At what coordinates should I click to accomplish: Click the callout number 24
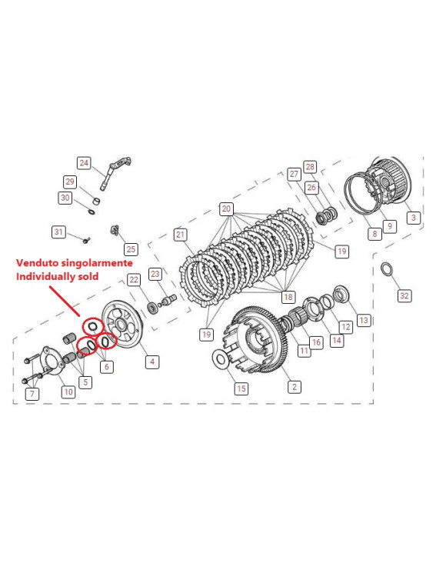click(x=83, y=163)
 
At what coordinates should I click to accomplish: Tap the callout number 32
click(x=404, y=295)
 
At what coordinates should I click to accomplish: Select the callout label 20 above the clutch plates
click(x=226, y=208)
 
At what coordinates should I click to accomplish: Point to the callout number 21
click(x=181, y=234)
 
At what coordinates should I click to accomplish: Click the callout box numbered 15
click(x=241, y=388)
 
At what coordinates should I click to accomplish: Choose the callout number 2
click(x=292, y=388)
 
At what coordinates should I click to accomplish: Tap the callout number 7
click(x=32, y=394)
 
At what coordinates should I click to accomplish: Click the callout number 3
click(x=413, y=218)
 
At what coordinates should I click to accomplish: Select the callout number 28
click(x=310, y=166)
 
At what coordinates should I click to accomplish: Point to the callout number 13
click(x=364, y=319)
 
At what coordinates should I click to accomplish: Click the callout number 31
click(x=58, y=232)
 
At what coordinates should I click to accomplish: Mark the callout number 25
click(x=131, y=248)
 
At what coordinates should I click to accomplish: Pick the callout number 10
click(x=68, y=392)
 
